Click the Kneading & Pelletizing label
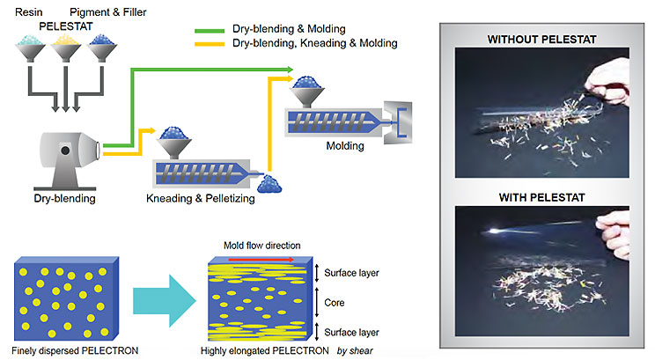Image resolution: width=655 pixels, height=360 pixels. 201,199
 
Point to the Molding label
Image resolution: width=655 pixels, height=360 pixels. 344,146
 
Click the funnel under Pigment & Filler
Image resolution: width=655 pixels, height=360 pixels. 105,54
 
